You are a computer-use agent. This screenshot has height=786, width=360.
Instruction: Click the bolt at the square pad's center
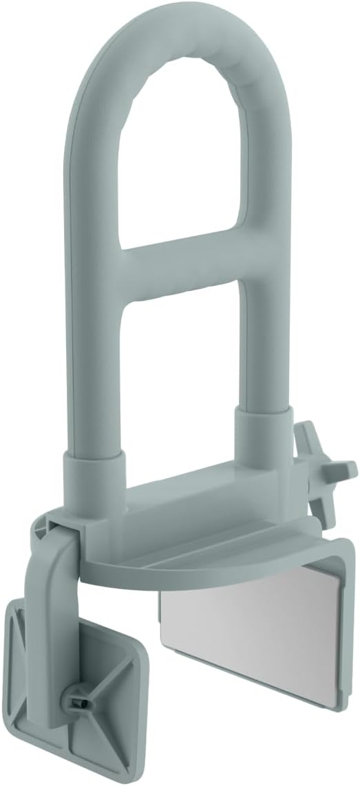(x=77, y=699)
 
